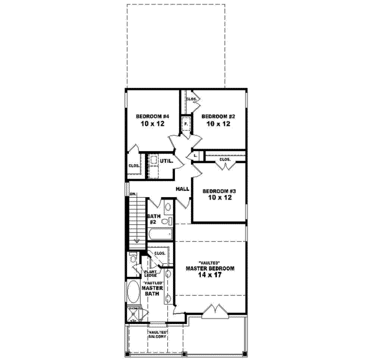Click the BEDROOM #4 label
pyautogui.click(x=153, y=116)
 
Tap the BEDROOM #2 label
pyautogui.click(x=218, y=116)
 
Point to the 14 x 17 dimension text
pyautogui.click(x=210, y=276)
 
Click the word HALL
pyautogui.click(x=182, y=188)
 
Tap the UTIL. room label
pyautogui.click(x=166, y=161)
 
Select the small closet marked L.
pyautogui.click(x=195, y=155)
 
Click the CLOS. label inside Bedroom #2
pyautogui.click(x=192, y=99)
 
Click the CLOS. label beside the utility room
pyautogui.click(x=133, y=165)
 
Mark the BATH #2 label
pyautogui.click(x=155, y=218)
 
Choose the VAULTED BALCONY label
pyautogui.click(x=157, y=336)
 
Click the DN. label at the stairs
pyautogui.click(x=133, y=195)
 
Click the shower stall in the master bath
pyautogui.click(x=134, y=314)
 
